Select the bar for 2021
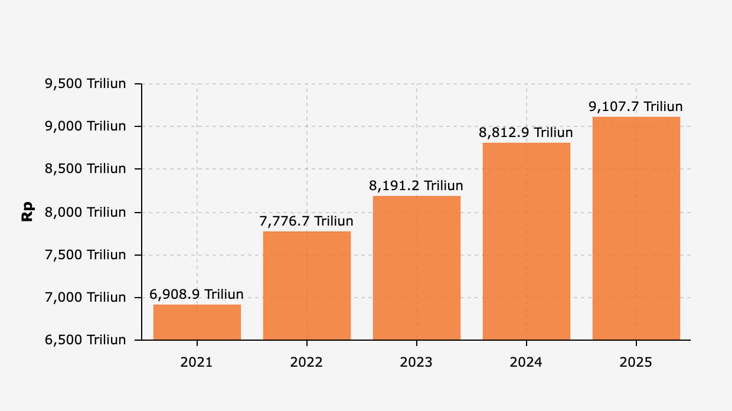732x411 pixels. point(197,322)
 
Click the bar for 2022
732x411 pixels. point(306,286)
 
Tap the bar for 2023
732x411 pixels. point(416,268)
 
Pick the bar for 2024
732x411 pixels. point(526,242)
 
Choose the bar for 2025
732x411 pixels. point(636,229)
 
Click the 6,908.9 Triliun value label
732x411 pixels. point(197,295)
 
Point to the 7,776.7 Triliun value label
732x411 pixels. point(306,221)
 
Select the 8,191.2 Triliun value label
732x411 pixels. point(416,186)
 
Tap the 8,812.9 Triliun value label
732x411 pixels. point(526,133)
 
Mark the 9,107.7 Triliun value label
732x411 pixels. point(636,107)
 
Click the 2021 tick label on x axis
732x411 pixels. point(197,362)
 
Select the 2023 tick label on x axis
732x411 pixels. point(416,362)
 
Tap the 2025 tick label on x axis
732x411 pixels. point(636,362)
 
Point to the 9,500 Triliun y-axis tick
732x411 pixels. point(86,84)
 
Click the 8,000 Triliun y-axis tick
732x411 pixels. point(86,212)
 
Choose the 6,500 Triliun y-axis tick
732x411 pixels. point(86,340)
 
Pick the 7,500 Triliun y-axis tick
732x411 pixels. point(86,255)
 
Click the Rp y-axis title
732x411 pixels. point(27,212)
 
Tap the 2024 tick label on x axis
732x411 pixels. point(526,362)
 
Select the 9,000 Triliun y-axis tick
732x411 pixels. point(86,126)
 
